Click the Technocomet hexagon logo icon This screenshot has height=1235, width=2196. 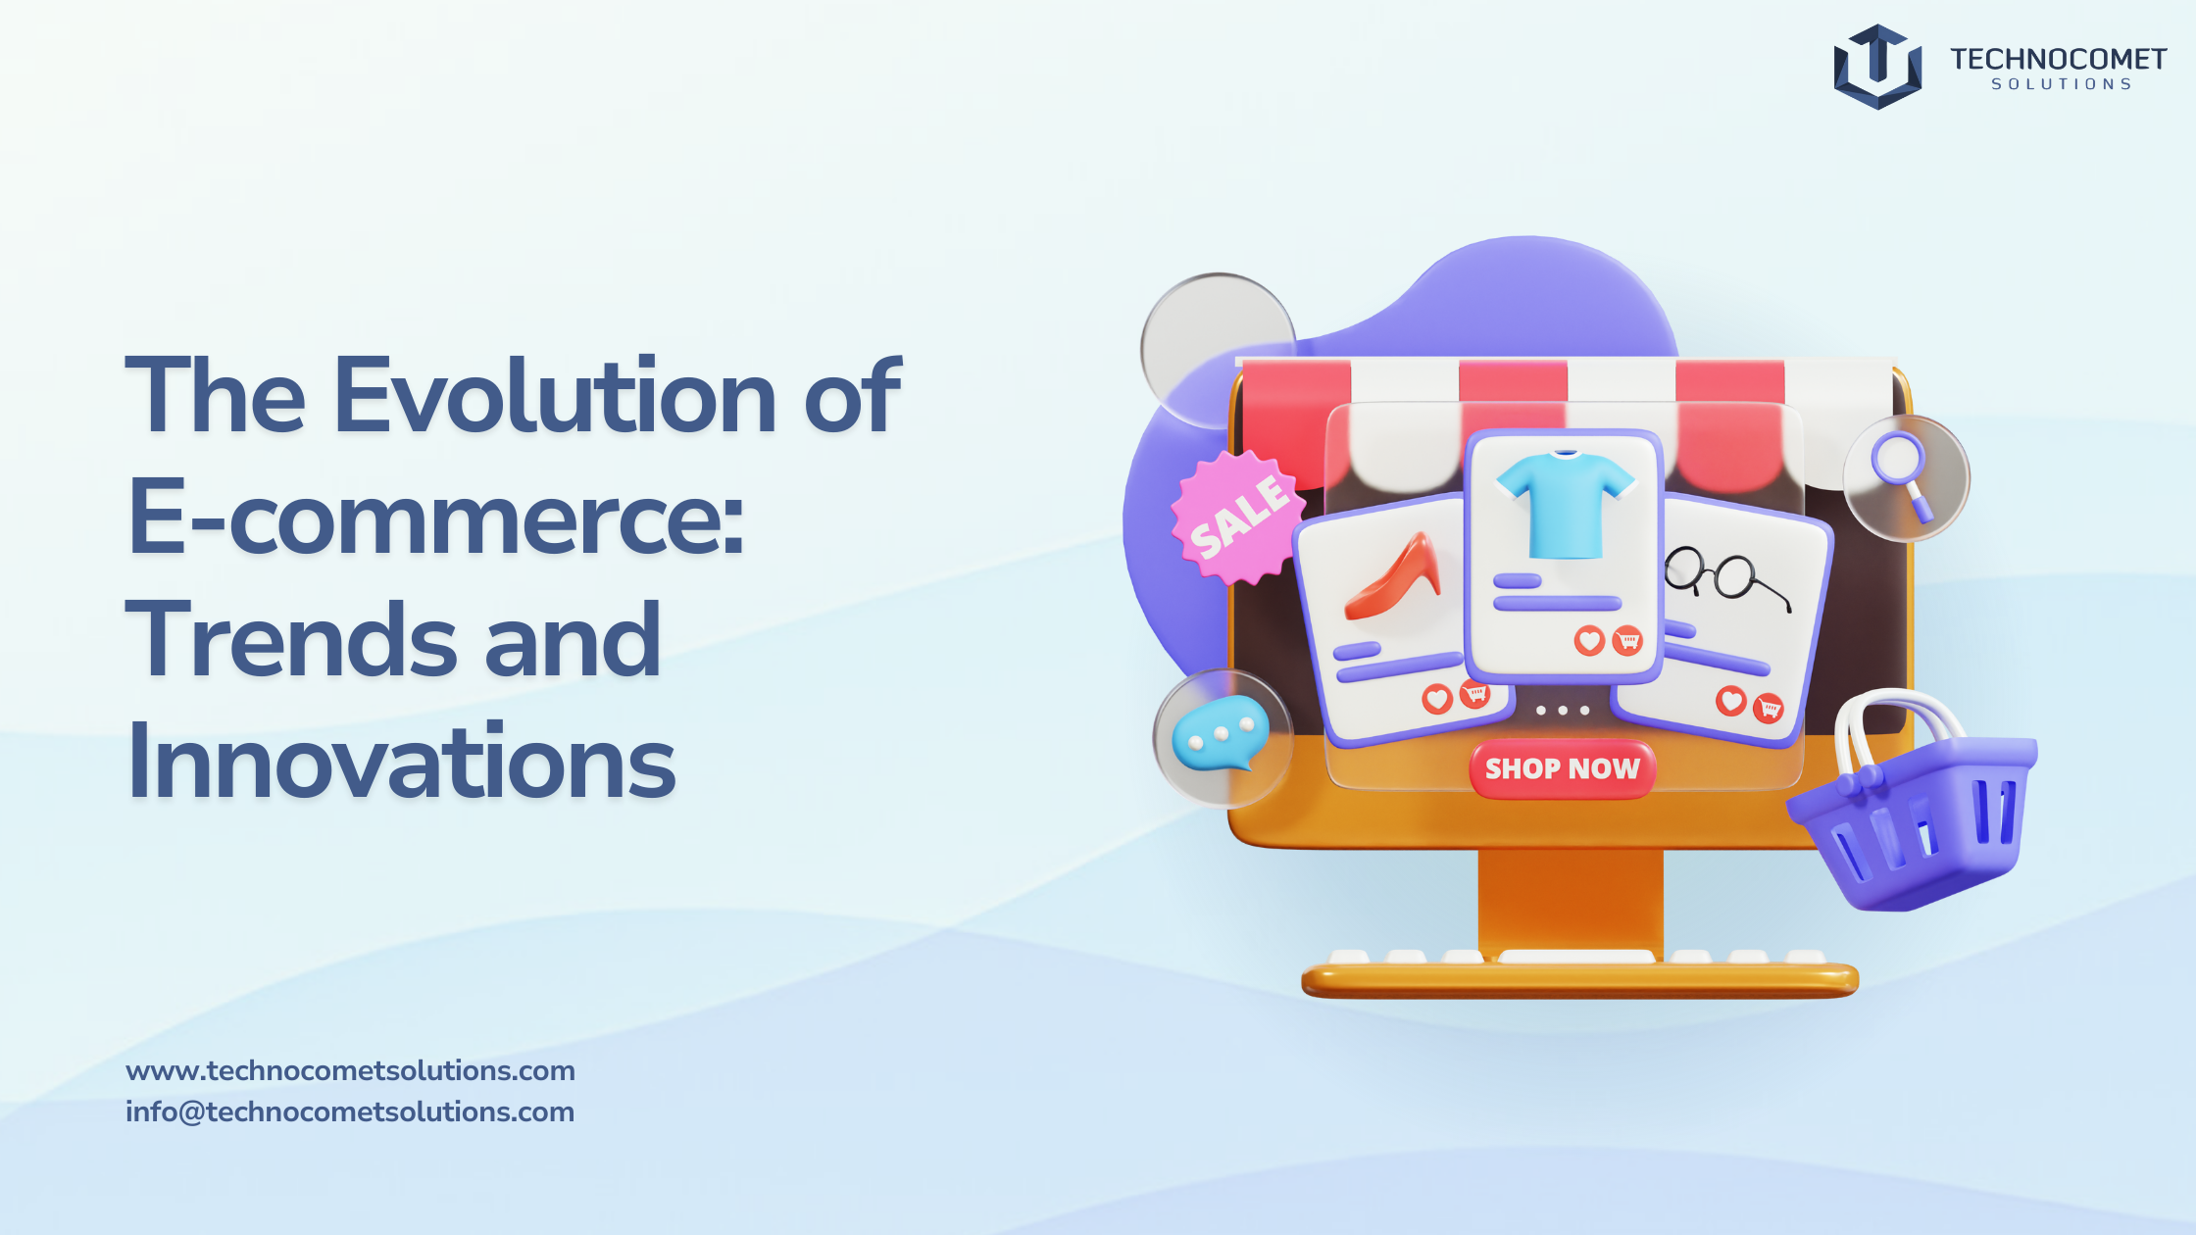[x=1877, y=67]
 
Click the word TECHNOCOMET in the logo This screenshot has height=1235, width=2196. [x=2058, y=60]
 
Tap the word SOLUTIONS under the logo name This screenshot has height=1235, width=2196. [x=2062, y=85]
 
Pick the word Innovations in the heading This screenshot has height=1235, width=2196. [x=402, y=761]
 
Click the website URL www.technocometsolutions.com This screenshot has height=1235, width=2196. [x=350, y=1070]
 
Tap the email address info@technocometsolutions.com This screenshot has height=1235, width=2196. [x=350, y=1111]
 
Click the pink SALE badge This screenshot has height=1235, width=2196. [x=1238, y=516]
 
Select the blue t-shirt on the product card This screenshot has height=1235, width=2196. [x=1566, y=504]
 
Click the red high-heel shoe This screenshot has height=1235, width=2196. [x=1394, y=577]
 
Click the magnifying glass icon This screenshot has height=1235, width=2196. [x=1902, y=474]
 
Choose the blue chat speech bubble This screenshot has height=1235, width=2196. [x=1221, y=735]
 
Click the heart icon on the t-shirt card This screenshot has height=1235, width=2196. [x=1589, y=641]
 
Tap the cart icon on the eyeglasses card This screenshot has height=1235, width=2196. [x=1769, y=708]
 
